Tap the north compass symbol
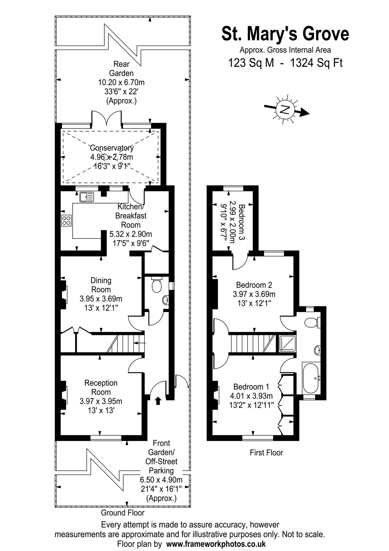pyautogui.click(x=285, y=110)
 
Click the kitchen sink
pyautogui.click(x=86, y=197)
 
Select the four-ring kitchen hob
pyautogui.click(x=66, y=220)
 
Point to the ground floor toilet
pyautogui.click(x=157, y=285)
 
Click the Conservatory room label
pyautogui.click(x=112, y=148)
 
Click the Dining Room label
pyautogui.click(x=101, y=285)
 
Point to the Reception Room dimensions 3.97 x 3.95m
pyautogui.click(x=101, y=401)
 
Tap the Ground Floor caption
pyautogui.click(x=122, y=513)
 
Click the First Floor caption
pyautogui.click(x=266, y=453)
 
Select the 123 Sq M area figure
pyautogui.click(x=251, y=63)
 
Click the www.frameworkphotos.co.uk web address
pyautogui.click(x=216, y=544)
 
